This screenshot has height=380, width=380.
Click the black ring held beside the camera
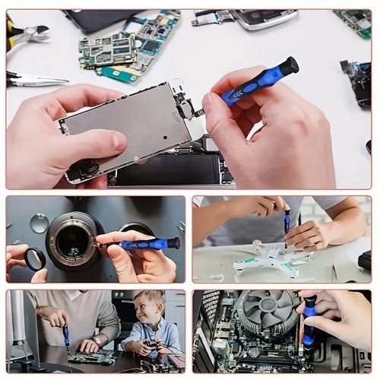point(35,260)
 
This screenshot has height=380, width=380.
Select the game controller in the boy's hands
point(153,345)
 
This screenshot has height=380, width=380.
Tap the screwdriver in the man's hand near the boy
point(66,335)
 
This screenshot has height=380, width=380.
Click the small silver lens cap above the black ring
point(40,223)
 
